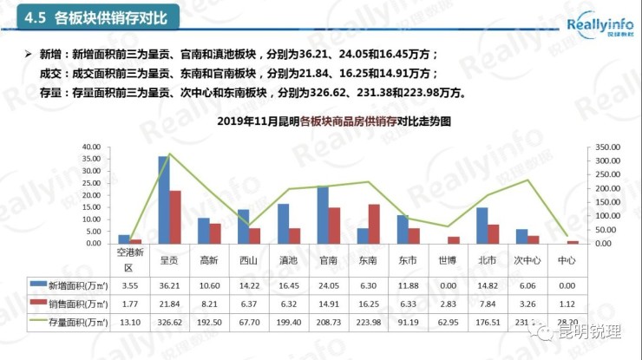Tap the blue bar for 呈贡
163,200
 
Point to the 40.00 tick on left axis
90,147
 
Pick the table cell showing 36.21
169,285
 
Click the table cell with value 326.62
169,322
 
